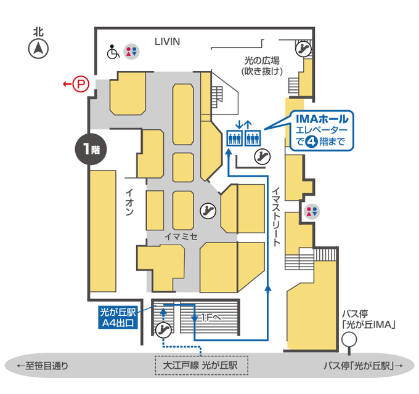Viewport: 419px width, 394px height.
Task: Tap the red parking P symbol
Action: point(81,83)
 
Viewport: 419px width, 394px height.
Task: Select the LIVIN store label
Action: point(166,42)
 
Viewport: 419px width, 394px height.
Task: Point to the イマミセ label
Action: point(181,236)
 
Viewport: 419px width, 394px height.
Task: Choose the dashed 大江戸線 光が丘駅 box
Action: point(201,364)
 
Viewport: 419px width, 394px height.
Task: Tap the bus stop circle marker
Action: point(349,339)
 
